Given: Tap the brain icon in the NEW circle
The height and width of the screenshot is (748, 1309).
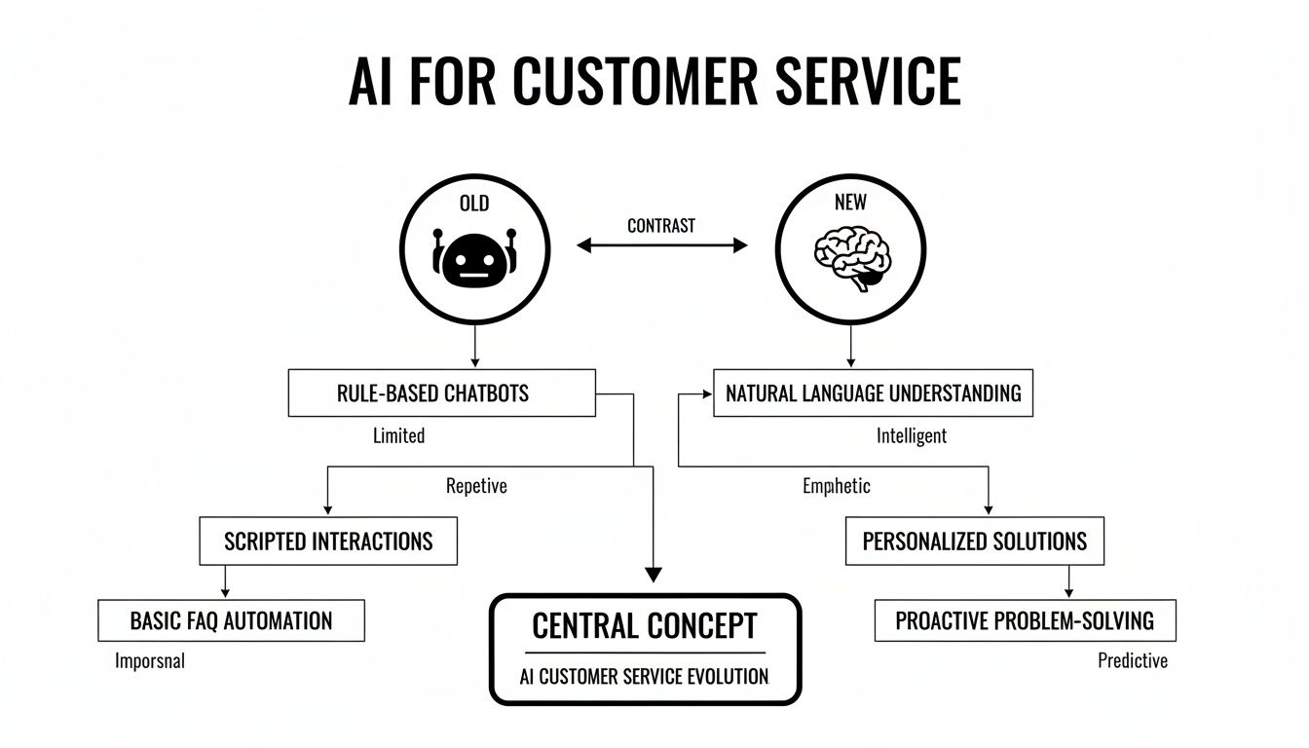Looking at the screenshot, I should (x=850, y=257).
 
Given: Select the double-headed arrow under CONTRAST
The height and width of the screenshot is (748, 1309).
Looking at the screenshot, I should (x=662, y=246).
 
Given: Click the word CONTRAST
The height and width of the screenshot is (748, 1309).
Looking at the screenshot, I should (x=661, y=226).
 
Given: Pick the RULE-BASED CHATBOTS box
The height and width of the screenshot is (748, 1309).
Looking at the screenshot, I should (x=441, y=393).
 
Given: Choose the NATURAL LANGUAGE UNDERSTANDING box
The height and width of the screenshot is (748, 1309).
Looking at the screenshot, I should (x=873, y=393).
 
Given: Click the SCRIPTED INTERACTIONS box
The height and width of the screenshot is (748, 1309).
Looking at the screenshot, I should (x=328, y=542).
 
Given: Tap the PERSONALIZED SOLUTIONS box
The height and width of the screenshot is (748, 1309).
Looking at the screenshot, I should (x=974, y=542).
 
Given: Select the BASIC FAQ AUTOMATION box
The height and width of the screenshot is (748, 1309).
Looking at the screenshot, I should (x=231, y=620).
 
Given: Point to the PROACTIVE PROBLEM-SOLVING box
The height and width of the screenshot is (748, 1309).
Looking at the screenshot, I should (x=1025, y=620).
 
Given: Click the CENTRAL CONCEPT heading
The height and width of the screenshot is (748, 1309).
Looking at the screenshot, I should (x=644, y=625).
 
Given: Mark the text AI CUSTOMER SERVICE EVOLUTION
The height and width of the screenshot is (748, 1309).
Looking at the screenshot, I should (x=644, y=676).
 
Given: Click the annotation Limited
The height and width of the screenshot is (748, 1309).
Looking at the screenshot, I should (x=398, y=435).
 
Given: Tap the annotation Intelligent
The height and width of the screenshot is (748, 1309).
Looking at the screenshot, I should (x=912, y=435).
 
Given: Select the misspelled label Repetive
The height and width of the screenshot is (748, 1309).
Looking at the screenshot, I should (x=476, y=485).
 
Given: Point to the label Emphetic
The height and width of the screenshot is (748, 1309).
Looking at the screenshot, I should (x=837, y=485).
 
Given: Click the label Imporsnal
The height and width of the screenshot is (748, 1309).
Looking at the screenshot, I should (x=149, y=661).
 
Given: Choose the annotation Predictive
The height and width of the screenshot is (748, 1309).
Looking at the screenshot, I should (x=1132, y=661).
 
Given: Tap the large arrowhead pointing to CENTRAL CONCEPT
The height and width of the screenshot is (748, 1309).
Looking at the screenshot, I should (x=654, y=575).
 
